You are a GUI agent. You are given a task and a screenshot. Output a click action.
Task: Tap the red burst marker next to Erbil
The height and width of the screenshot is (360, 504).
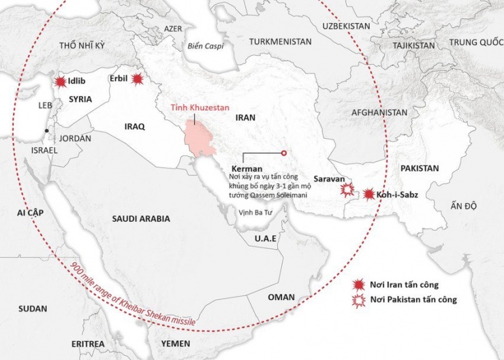[138, 80]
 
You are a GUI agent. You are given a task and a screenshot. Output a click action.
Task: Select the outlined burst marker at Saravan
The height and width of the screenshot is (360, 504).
[348, 188]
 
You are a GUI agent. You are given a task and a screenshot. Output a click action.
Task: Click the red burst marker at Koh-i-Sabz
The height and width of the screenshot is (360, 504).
[369, 195]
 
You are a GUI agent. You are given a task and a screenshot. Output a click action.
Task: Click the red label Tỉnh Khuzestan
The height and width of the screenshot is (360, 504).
[200, 108]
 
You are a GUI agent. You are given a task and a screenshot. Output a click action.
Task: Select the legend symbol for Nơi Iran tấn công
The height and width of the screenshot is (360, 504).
[356, 284]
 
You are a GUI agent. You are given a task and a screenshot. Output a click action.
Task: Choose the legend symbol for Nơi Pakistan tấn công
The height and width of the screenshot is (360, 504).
[356, 299]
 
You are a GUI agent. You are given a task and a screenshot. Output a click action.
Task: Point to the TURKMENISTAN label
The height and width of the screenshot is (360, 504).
[280, 42]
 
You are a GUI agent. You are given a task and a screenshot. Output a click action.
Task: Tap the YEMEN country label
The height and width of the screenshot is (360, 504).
[176, 343]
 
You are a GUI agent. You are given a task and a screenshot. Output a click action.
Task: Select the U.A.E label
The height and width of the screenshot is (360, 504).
[265, 239]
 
